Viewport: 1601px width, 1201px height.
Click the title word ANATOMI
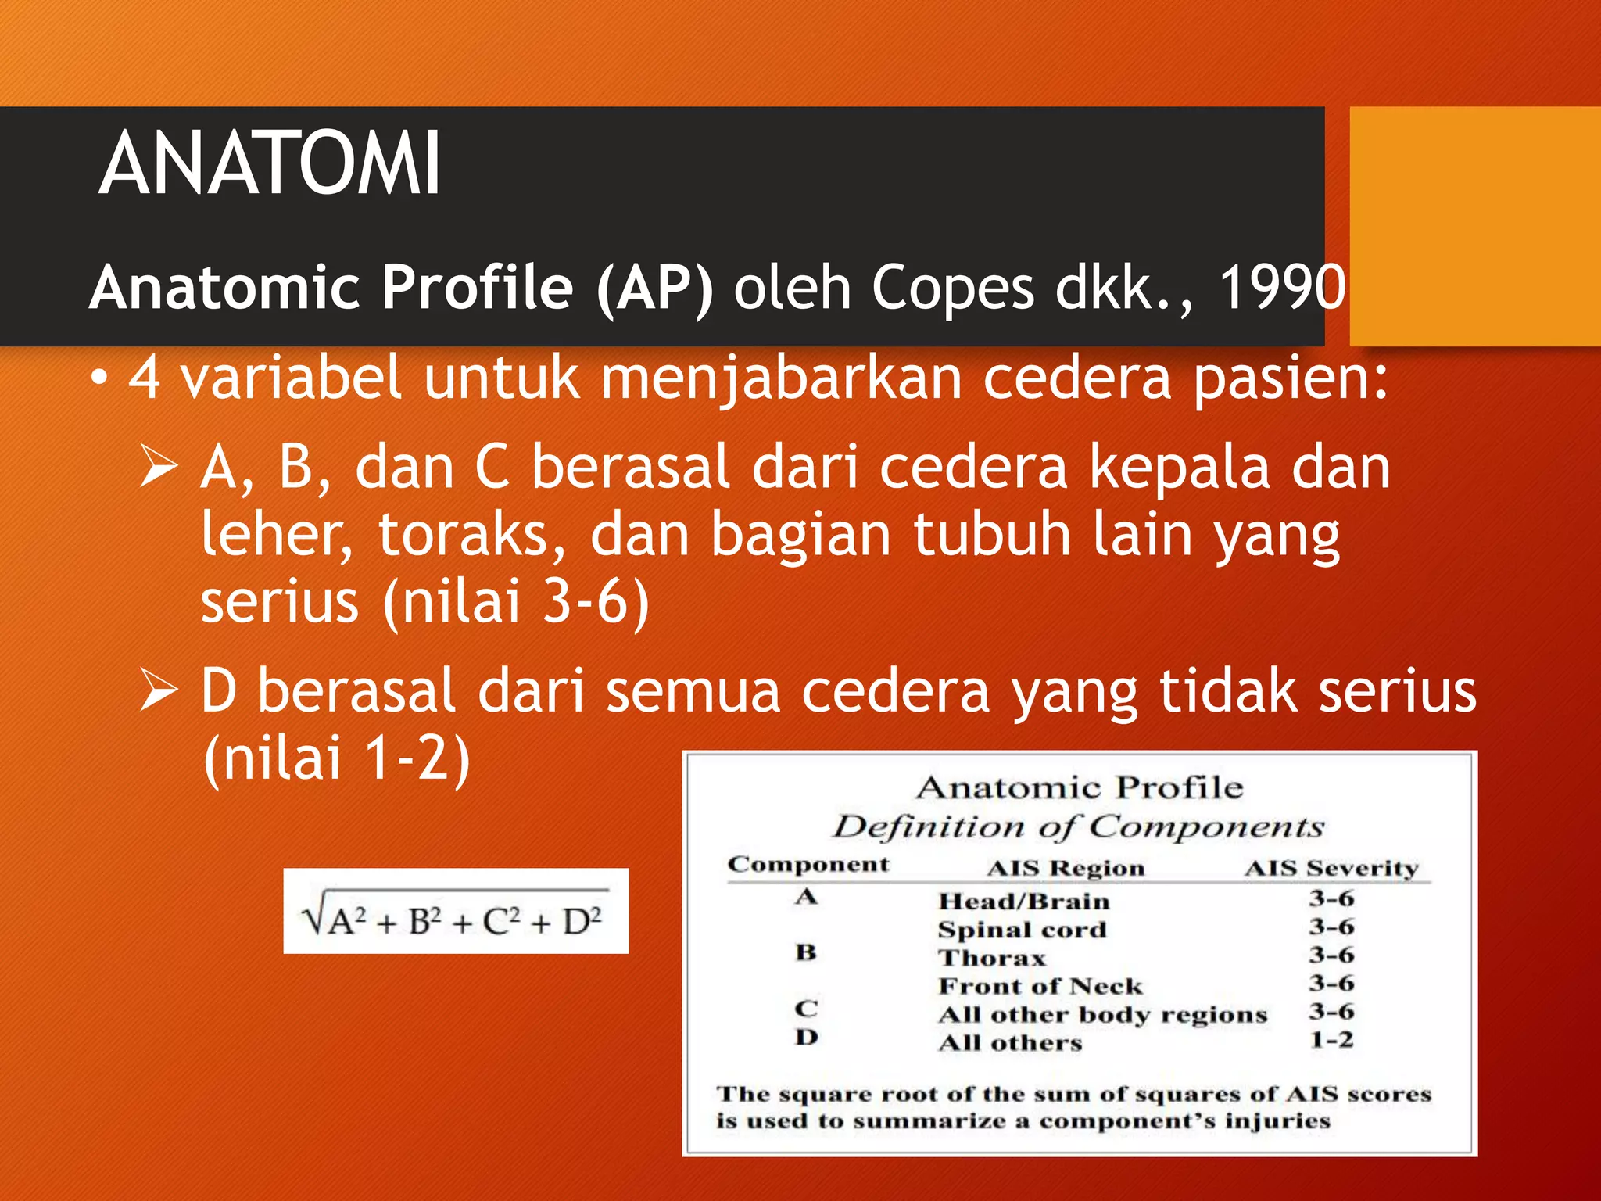270,164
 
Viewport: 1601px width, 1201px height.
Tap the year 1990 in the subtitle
1282,287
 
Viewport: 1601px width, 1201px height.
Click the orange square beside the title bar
1474,226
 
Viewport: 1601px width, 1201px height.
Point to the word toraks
471,536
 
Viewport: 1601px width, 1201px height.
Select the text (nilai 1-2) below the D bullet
337,759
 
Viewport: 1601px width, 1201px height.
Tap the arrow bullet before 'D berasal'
160,690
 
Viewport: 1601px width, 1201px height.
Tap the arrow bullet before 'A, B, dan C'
160,467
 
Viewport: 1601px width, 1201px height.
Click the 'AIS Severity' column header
1331,869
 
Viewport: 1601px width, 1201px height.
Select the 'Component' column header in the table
808,865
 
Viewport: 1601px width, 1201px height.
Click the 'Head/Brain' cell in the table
1023,902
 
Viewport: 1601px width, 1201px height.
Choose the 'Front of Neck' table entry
1040,987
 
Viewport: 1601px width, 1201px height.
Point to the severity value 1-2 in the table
1331,1041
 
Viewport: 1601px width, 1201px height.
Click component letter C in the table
806,1009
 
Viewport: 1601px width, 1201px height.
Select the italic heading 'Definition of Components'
1077,827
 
